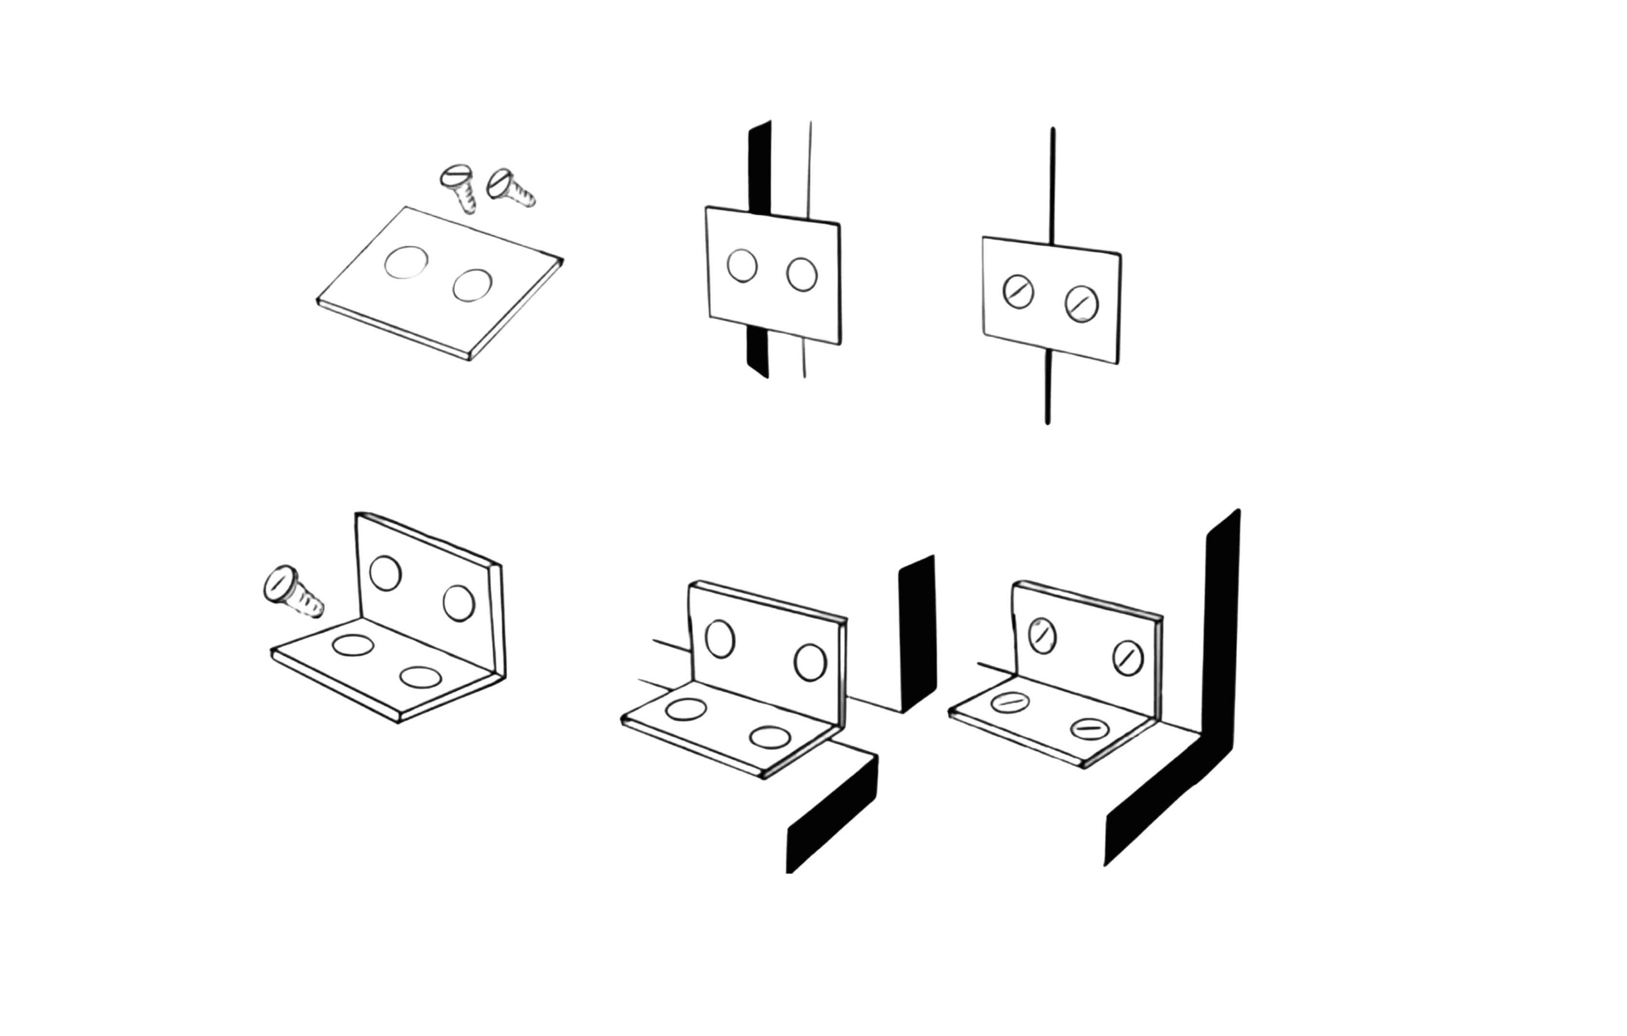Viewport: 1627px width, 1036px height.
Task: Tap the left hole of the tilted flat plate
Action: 406,262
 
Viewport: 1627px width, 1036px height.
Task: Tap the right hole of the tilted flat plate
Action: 472,285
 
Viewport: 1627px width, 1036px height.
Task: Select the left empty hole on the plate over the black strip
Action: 742,266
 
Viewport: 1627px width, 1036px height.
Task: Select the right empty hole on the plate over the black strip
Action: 802,274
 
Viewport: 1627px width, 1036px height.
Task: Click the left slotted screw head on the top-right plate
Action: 1018,291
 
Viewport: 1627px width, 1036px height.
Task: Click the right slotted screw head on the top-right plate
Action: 1082,304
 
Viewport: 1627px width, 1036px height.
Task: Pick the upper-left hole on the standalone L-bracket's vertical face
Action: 386,573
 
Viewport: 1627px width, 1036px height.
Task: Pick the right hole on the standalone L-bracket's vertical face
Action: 459,604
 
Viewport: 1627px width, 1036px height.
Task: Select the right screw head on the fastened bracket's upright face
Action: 1128,658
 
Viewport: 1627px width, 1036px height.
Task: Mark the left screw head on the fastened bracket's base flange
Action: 1010,703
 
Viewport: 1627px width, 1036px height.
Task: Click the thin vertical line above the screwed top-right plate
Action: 1053,182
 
